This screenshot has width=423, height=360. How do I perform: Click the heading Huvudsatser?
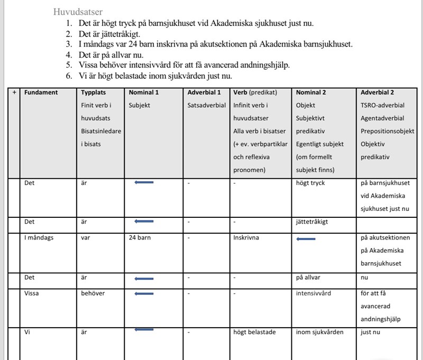tap(78, 12)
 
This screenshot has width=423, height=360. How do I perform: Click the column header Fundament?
tap(41, 92)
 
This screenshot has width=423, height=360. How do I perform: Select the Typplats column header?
tap(94, 92)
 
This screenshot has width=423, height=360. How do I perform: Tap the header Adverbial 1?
tap(204, 92)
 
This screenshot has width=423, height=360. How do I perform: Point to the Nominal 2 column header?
tap(311, 92)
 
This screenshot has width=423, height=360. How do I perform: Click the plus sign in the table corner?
tap(14, 92)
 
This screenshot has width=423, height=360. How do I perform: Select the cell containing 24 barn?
tap(140, 237)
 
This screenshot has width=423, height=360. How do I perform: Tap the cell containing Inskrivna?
tap(246, 237)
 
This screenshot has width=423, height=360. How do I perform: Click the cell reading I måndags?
tap(39, 237)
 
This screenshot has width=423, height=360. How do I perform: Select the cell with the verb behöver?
tap(93, 293)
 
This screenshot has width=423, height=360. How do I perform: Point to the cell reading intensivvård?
tap(314, 293)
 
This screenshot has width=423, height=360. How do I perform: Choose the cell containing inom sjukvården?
tap(320, 332)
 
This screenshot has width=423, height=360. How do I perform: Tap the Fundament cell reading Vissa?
tap(32, 293)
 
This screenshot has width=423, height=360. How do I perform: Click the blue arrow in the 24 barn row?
tap(306, 239)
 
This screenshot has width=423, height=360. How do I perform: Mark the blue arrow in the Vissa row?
tap(144, 294)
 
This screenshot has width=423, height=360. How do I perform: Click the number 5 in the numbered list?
tap(68, 65)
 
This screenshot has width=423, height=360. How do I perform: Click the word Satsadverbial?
tap(207, 105)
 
